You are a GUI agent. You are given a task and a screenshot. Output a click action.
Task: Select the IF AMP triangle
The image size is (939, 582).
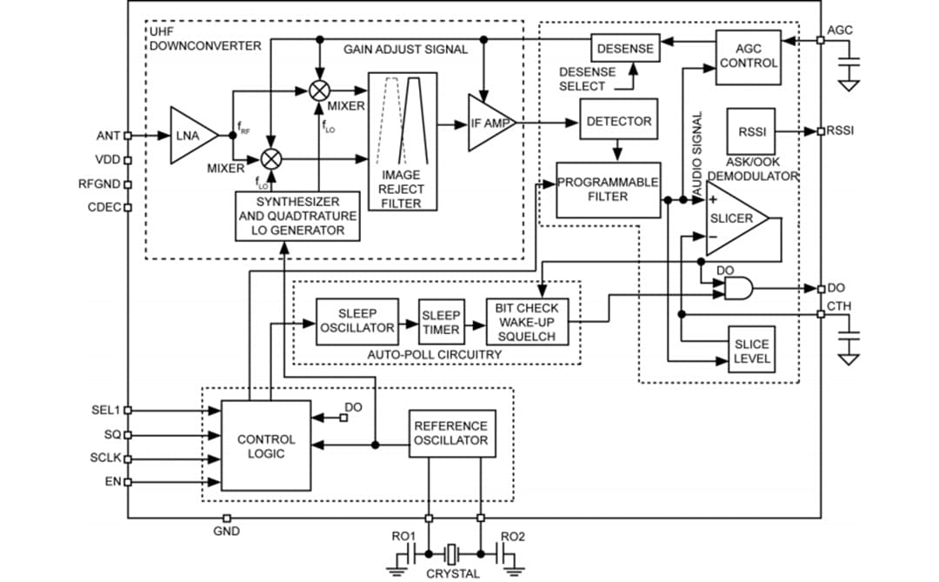489,124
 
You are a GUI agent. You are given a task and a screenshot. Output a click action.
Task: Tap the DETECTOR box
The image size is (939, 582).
618,121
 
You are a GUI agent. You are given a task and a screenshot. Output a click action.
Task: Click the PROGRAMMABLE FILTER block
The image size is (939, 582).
608,190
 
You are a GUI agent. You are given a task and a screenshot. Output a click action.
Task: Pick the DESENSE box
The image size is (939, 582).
625,49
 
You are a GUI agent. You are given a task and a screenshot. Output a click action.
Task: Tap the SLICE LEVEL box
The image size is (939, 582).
750,351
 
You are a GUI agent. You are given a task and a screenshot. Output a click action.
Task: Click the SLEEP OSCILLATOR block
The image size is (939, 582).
356,321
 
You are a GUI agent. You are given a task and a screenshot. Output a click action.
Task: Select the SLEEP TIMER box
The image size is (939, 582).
442,322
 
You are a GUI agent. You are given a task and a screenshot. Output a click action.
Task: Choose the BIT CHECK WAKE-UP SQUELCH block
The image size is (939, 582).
527,322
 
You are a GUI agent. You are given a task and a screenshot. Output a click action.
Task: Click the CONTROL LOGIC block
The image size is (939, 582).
266,445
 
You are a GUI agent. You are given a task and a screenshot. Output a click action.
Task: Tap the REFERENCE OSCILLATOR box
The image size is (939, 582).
450,433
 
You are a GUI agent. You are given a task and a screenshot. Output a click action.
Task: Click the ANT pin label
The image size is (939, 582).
109,136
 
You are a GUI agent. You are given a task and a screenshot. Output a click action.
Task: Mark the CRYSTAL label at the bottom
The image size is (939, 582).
452,573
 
